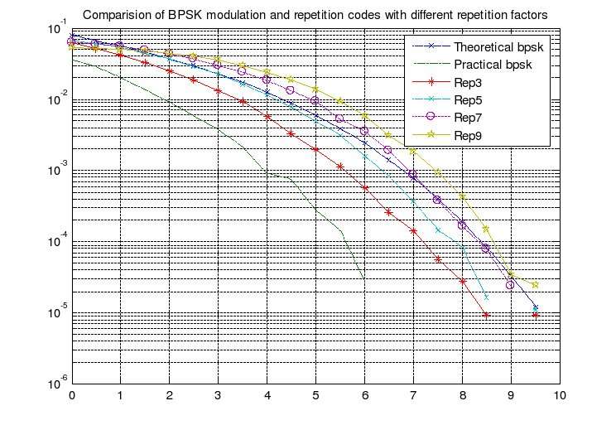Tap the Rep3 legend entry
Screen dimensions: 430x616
[x=468, y=82]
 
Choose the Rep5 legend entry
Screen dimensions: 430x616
[x=468, y=99]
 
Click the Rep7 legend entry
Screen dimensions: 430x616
[x=468, y=117]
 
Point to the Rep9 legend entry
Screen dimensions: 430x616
[x=468, y=134]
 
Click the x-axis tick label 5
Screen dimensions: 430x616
[x=315, y=396]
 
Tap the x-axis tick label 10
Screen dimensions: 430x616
[x=559, y=396]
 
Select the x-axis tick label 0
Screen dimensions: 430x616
[x=72, y=396]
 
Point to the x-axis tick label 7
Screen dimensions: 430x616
[x=413, y=396]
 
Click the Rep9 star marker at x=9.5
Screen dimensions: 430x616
[x=535, y=284]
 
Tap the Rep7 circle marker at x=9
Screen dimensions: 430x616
[x=511, y=285]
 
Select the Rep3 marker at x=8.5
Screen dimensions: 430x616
[x=486, y=315]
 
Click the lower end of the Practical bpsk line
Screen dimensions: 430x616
[x=364, y=279]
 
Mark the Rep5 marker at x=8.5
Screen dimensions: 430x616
[x=486, y=297]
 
